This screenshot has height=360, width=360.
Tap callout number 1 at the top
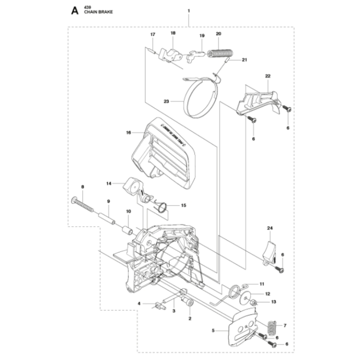(x=188, y=10)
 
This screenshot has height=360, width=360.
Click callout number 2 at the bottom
(x=190, y=318)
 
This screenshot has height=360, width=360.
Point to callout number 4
(x=139, y=303)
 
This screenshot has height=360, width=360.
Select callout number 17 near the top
(x=153, y=34)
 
